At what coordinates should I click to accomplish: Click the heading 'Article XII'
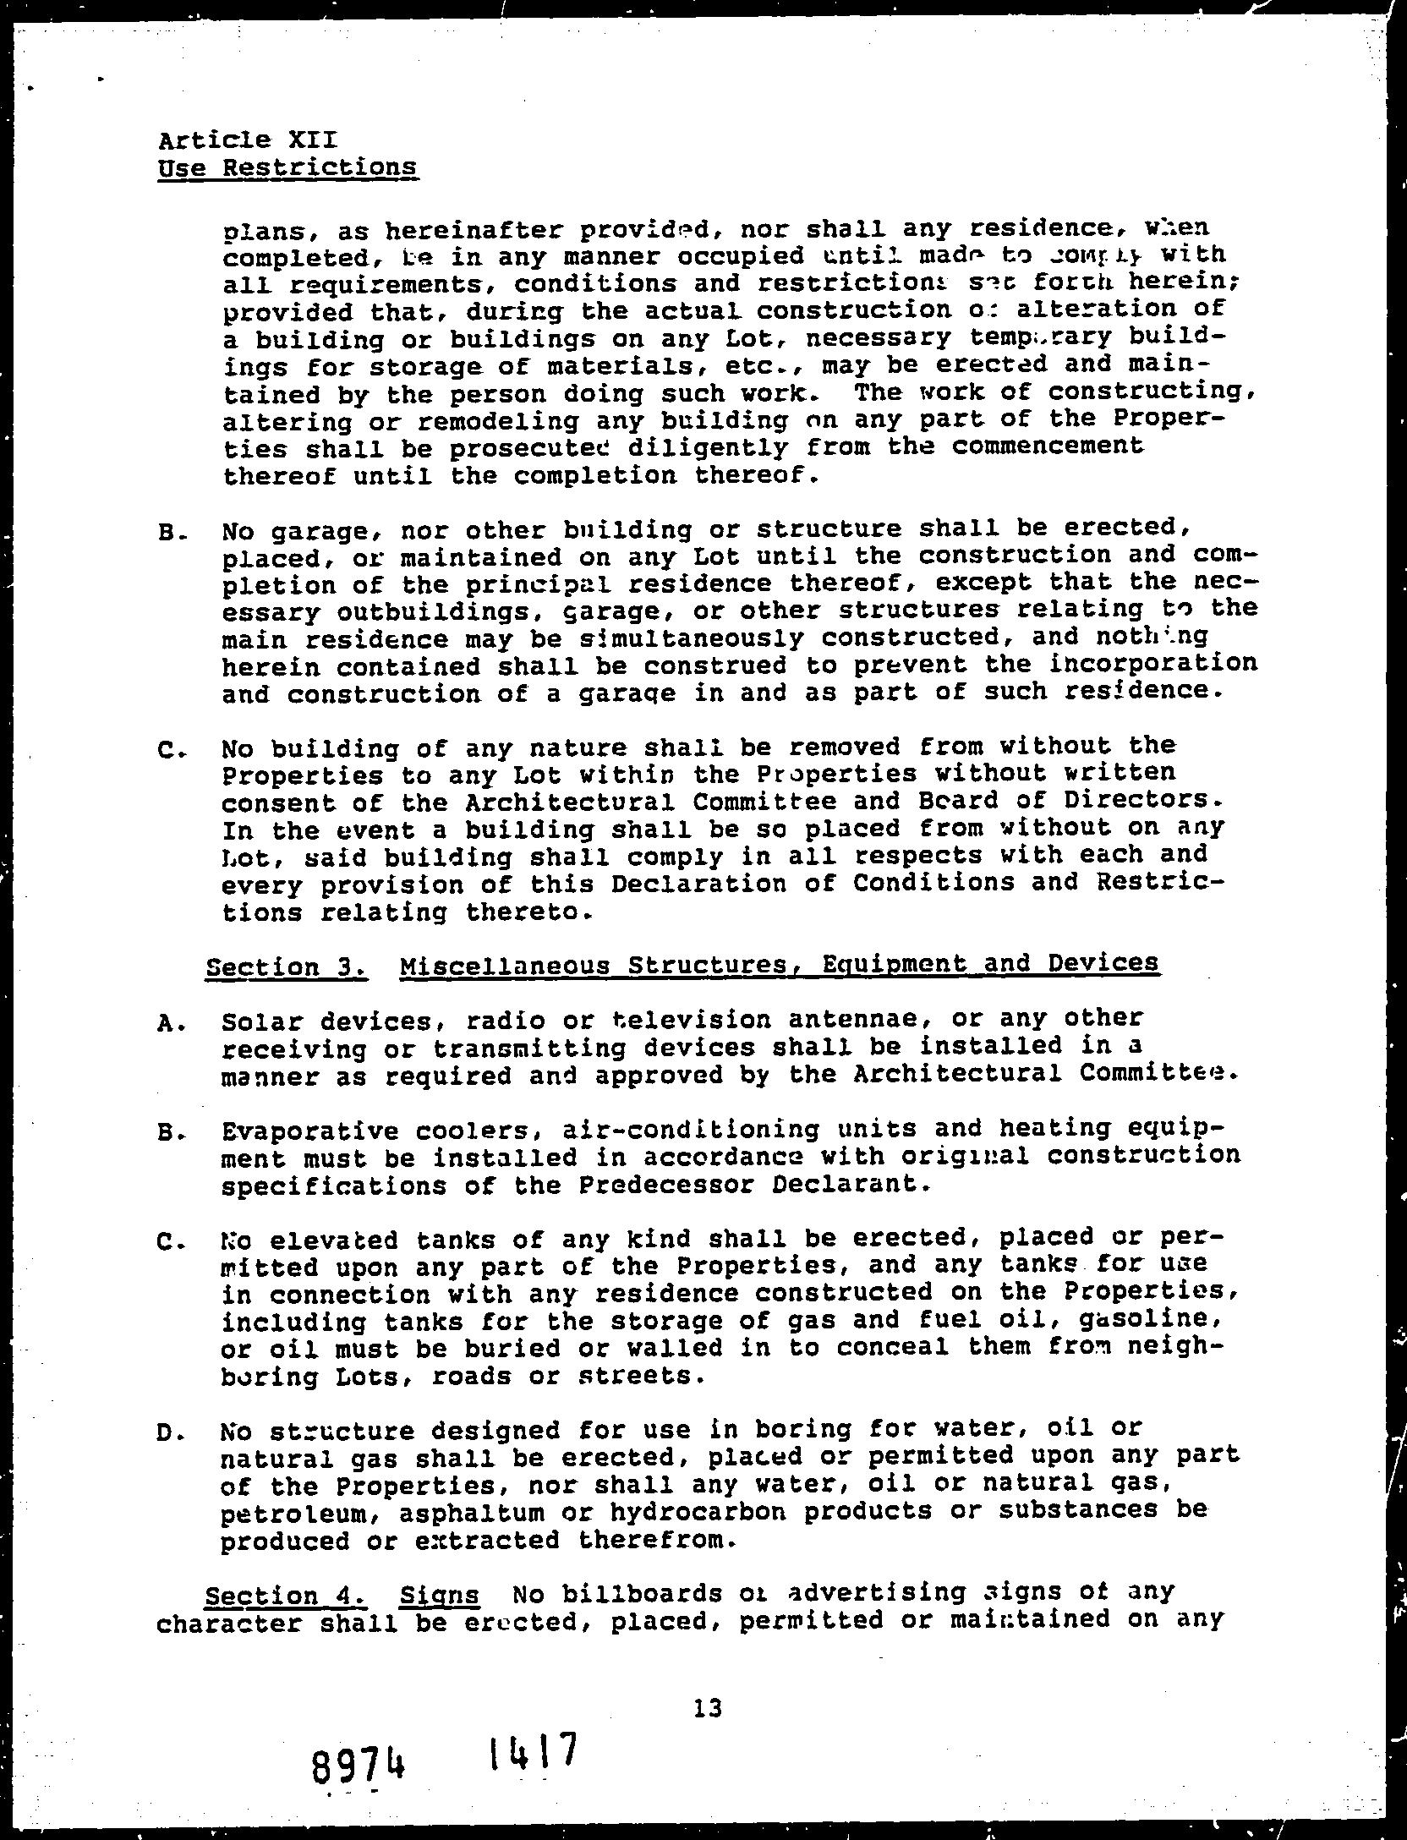point(247,140)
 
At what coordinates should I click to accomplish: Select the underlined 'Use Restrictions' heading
point(287,167)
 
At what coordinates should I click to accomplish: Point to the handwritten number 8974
point(356,1766)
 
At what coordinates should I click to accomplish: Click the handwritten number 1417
point(534,1751)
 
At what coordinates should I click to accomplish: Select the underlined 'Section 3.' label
point(286,967)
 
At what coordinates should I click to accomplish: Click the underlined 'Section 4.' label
point(286,1596)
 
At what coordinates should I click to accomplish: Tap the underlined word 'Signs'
point(440,1596)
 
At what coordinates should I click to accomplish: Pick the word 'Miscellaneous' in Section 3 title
point(505,965)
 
